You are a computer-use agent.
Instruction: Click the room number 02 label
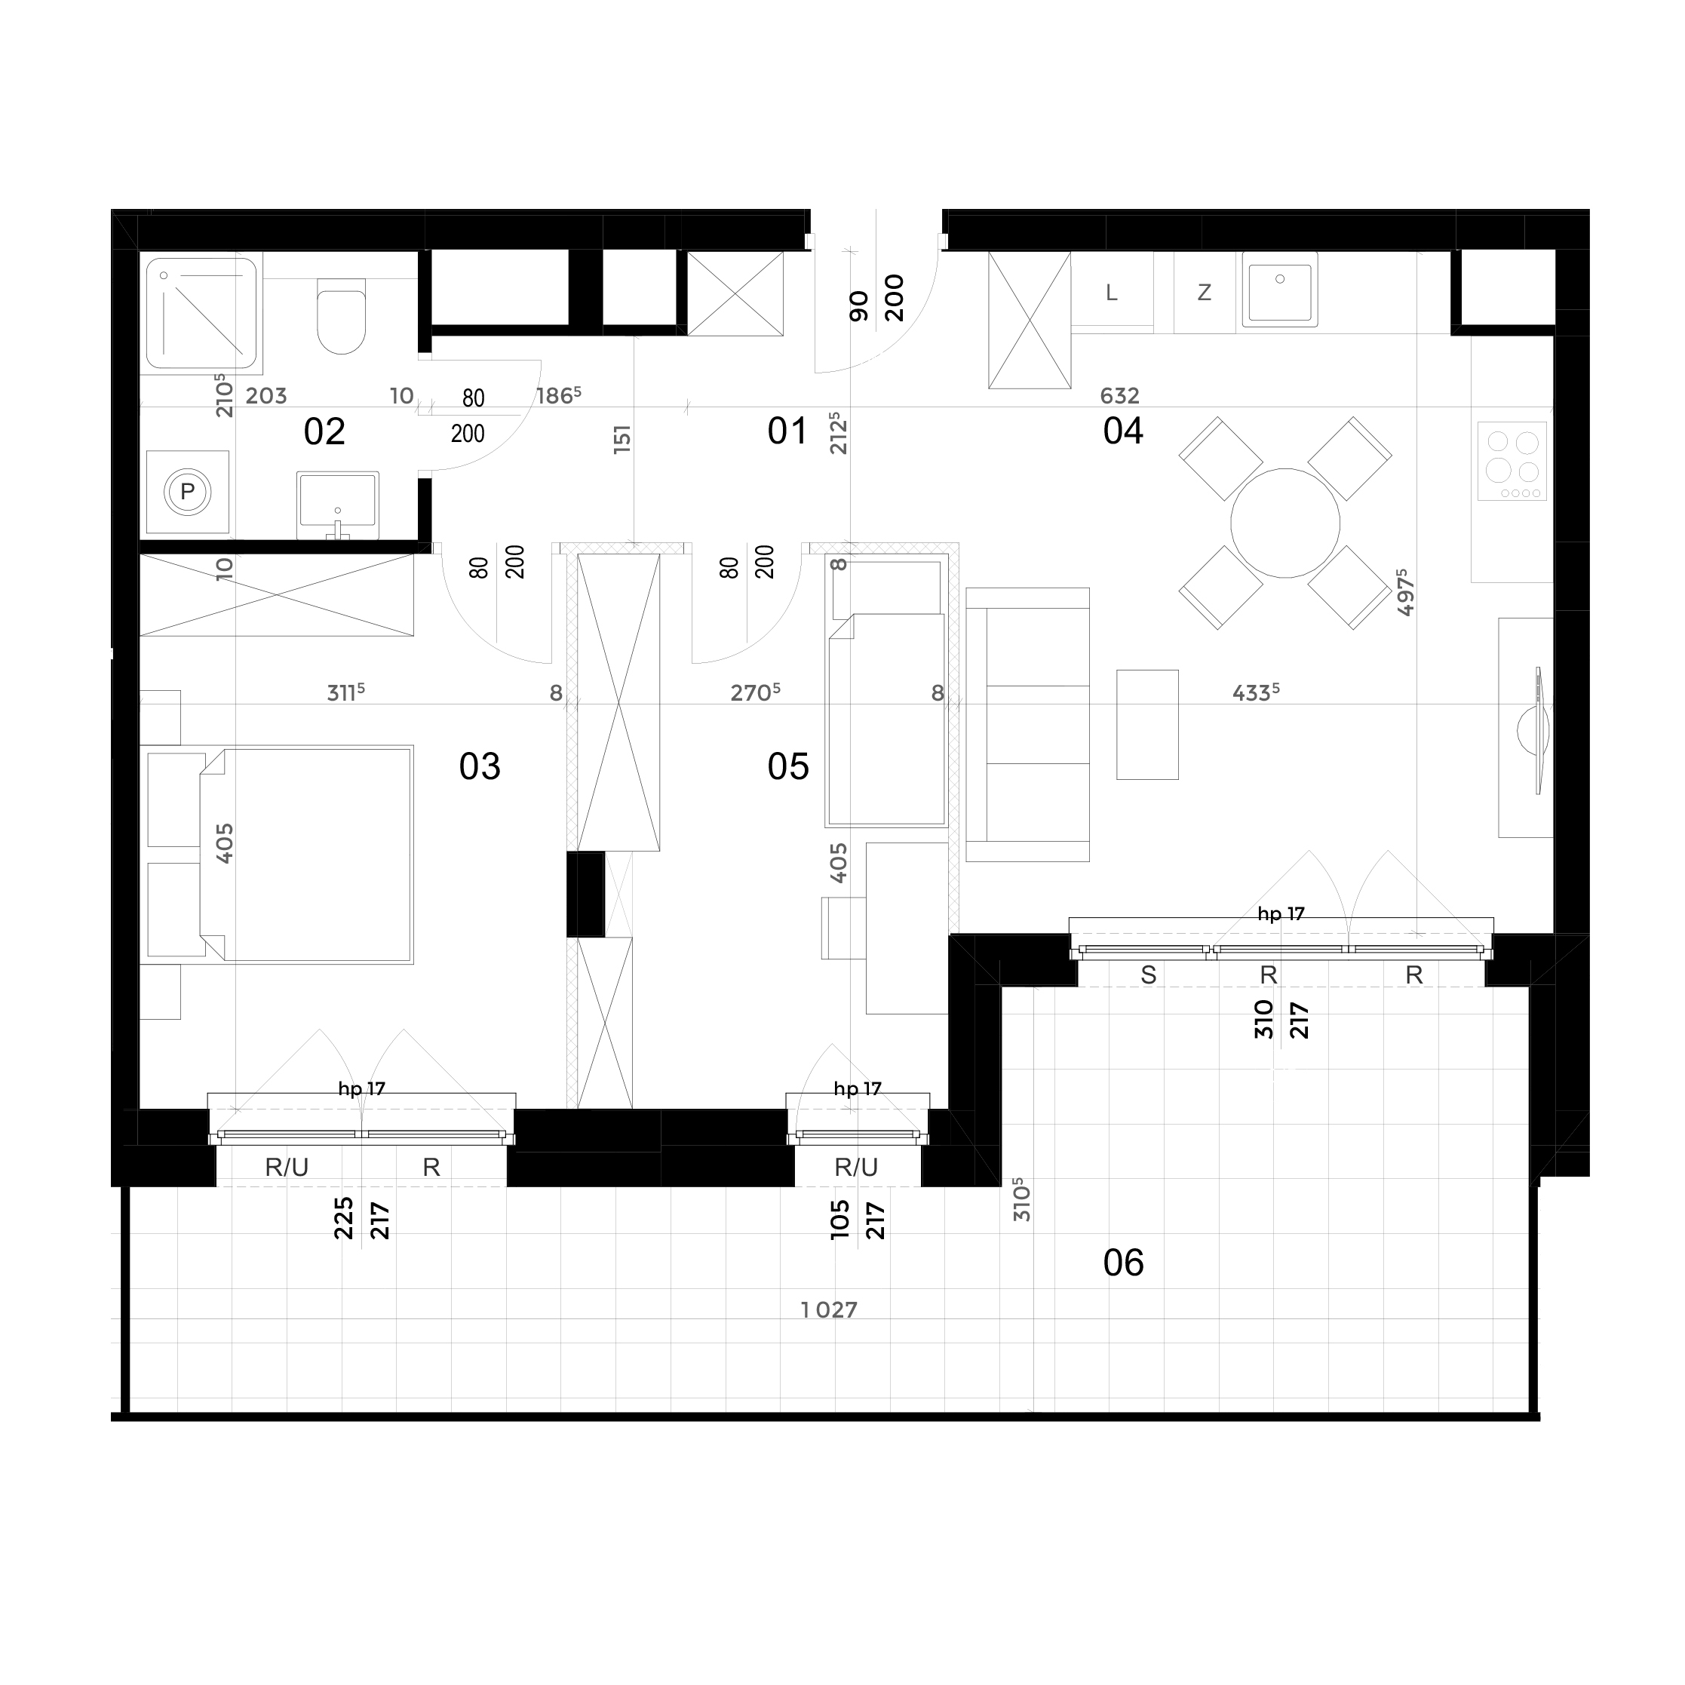[x=324, y=431]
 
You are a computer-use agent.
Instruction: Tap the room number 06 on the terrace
[x=1123, y=1263]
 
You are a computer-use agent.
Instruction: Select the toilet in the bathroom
[x=342, y=316]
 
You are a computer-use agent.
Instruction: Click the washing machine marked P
[x=188, y=492]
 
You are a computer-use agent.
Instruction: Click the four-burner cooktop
[x=1512, y=462]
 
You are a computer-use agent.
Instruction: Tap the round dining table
[x=1284, y=523]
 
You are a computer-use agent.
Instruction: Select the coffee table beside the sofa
[x=1148, y=725]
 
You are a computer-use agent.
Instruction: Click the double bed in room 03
[x=305, y=855]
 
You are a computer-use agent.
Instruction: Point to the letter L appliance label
[x=1111, y=293]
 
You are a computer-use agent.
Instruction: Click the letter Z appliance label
[x=1205, y=293]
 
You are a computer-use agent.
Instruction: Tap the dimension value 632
[x=1120, y=396]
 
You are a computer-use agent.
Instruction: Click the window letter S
[x=1149, y=975]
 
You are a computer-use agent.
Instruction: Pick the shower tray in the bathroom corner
[x=202, y=313]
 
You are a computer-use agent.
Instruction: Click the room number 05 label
[x=788, y=766]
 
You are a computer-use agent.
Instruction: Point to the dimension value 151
[x=622, y=439]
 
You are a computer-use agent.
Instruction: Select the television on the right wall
[x=1535, y=731]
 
